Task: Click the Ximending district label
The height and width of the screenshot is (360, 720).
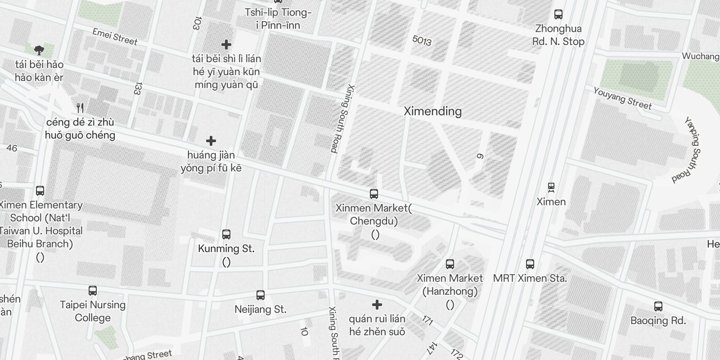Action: tap(432, 111)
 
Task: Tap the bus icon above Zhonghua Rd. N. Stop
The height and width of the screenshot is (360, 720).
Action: tap(558, 14)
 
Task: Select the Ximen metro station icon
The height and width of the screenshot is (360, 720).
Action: tap(551, 187)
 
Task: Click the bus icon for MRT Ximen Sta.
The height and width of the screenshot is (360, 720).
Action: tap(530, 264)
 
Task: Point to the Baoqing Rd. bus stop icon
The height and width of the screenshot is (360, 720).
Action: tap(658, 307)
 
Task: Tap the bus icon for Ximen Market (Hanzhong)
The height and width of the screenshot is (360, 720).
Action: tap(450, 264)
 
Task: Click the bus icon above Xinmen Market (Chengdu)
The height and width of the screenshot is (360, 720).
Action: tap(373, 194)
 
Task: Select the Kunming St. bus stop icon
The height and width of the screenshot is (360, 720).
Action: tap(226, 234)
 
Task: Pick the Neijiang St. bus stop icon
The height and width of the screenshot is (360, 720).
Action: tap(260, 295)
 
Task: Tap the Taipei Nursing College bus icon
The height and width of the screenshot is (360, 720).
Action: tap(93, 291)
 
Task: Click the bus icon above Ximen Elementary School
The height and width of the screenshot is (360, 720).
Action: tap(40, 191)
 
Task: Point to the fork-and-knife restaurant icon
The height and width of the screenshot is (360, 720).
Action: tap(80, 108)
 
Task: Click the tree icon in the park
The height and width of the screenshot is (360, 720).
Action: tap(39, 49)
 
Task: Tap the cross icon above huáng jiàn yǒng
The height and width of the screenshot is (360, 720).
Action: tap(211, 141)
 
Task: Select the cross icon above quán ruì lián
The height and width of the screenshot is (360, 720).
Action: tap(377, 305)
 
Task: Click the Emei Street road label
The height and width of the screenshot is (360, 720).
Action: tap(115, 37)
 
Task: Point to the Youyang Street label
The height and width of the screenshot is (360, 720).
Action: tap(622, 98)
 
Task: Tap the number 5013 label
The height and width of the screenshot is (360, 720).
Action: tap(422, 40)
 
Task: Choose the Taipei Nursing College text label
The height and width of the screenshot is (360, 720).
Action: tap(93, 311)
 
